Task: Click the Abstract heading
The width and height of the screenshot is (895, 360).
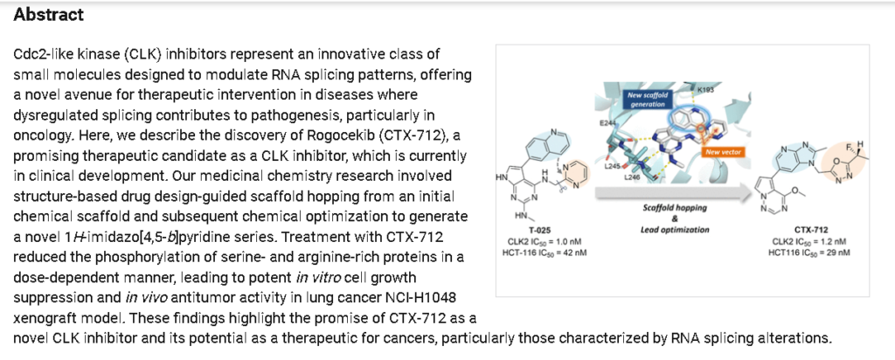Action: pyautogui.click(x=49, y=16)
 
